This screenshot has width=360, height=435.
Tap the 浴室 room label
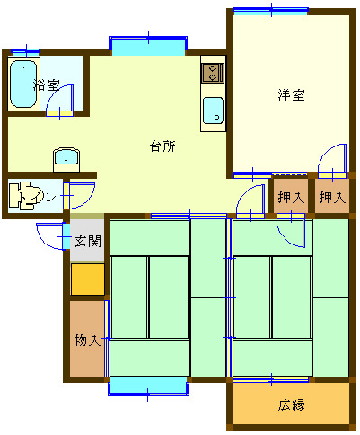[x=47, y=85]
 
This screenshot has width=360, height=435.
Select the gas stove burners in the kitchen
[x=213, y=73]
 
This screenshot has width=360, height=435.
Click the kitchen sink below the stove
[x=213, y=111]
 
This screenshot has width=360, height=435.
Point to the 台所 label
[x=162, y=146]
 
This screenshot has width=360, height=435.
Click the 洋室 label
[x=291, y=95]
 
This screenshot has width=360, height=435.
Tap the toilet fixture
[x=26, y=195]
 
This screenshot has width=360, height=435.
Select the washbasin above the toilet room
[x=66, y=159]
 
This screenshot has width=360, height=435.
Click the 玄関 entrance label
[x=88, y=241]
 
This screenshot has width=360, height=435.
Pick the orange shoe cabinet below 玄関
[x=88, y=280]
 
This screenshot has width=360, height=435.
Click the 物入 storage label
[x=87, y=341]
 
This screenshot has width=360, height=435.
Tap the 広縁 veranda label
[x=291, y=405]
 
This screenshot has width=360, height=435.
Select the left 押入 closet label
[x=291, y=198]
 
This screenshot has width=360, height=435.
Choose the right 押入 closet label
[x=332, y=198]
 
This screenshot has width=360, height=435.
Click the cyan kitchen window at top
[x=148, y=47]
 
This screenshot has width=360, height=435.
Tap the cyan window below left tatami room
[x=148, y=386]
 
